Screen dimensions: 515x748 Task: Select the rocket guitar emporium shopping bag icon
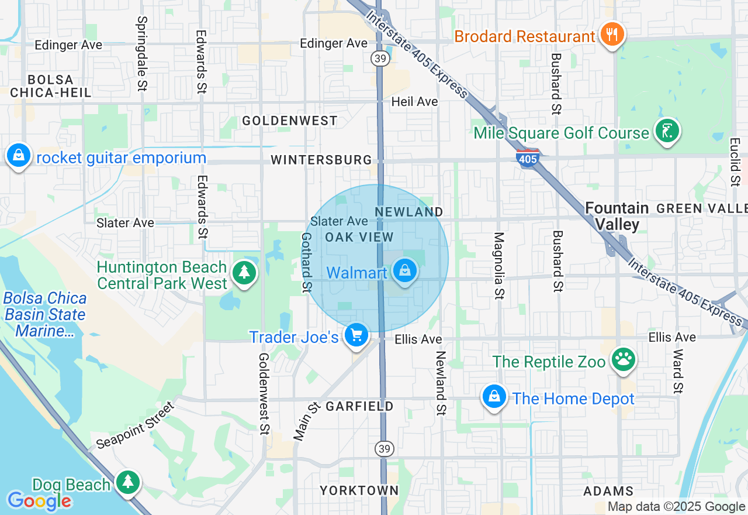(x=19, y=156)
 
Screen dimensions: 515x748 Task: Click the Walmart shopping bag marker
(x=404, y=271)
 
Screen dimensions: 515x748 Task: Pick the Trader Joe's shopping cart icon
(x=356, y=335)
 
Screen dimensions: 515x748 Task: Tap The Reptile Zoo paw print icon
(x=624, y=360)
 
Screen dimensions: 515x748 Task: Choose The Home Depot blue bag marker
(x=494, y=397)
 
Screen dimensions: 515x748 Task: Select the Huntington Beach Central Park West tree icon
(x=244, y=273)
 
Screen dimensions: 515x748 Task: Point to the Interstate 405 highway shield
(x=528, y=157)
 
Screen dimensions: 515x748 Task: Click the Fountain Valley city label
(x=617, y=216)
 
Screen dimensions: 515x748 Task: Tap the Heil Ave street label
(x=414, y=101)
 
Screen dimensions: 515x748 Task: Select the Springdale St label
(x=141, y=53)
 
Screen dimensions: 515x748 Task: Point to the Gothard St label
(x=306, y=262)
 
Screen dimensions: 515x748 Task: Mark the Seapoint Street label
(x=136, y=425)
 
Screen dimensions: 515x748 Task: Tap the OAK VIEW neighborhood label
(x=359, y=237)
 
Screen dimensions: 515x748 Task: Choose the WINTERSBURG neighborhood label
(x=321, y=160)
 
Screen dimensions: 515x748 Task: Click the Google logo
(x=39, y=500)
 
